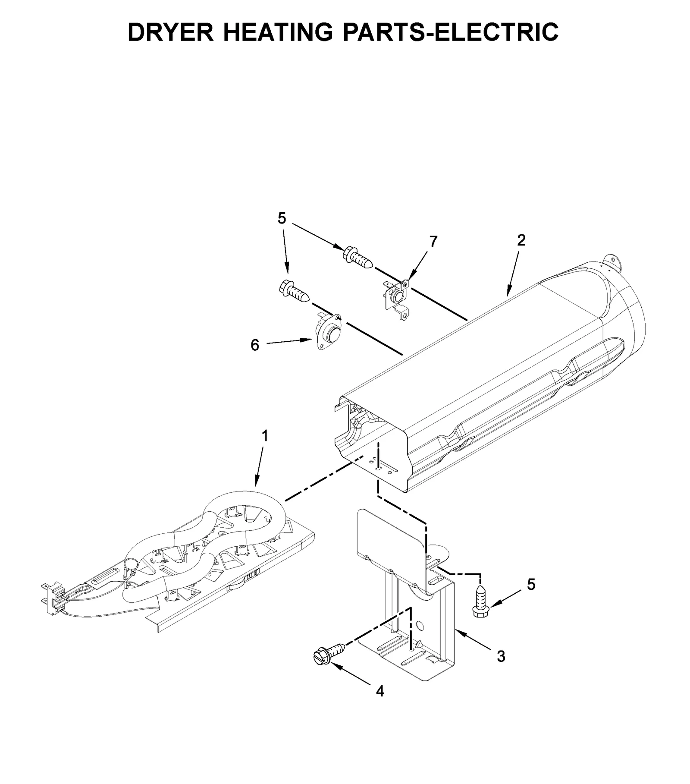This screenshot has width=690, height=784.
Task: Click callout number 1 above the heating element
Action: (265, 436)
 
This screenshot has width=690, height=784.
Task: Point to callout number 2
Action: (521, 240)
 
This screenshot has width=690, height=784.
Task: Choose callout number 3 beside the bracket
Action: (501, 656)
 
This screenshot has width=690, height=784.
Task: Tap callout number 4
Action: (379, 691)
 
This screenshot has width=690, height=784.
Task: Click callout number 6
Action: (255, 345)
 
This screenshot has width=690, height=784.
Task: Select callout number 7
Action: (433, 242)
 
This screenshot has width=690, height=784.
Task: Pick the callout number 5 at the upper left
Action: (281, 219)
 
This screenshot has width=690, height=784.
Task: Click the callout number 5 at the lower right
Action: (531, 585)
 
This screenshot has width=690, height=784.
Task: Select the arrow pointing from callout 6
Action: (289, 342)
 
